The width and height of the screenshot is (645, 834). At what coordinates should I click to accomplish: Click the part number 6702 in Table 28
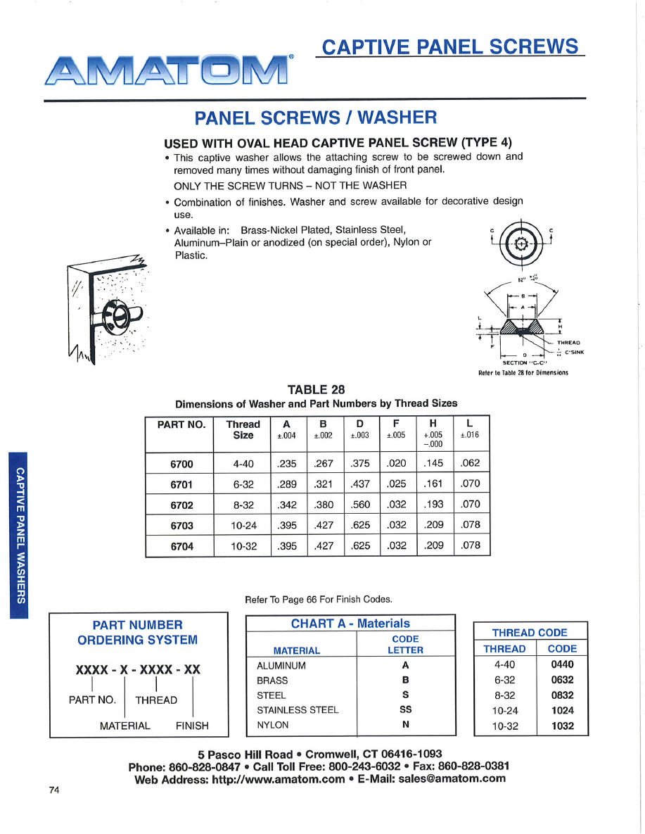(181, 505)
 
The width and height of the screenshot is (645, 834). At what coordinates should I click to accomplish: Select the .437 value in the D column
(360, 484)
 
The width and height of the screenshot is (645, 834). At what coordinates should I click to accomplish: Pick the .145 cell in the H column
(434, 464)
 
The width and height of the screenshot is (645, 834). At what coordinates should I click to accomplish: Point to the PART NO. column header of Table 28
(180, 424)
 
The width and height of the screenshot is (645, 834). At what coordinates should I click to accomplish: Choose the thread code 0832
(562, 695)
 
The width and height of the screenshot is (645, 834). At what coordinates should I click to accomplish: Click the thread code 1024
(562, 710)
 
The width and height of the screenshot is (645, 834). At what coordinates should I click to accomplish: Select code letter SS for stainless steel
(405, 709)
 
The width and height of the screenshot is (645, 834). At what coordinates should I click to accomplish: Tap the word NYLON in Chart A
(272, 724)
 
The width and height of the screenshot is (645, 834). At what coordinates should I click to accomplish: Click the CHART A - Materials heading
(350, 624)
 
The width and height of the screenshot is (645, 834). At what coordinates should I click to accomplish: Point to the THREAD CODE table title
(530, 632)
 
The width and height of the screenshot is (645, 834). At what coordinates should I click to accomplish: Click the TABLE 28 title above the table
(317, 389)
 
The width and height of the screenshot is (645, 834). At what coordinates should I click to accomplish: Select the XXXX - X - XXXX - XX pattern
(138, 669)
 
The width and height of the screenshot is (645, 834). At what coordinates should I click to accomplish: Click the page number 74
(54, 790)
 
